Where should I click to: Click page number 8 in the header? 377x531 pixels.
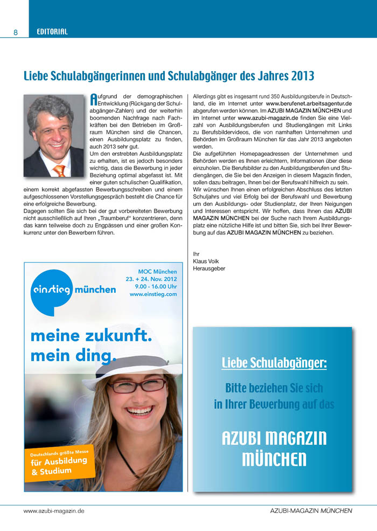click(x=16, y=32)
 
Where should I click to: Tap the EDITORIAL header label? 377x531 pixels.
click(x=52, y=32)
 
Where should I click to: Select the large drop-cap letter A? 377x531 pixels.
click(x=93, y=99)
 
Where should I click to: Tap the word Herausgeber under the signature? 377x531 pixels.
click(x=208, y=268)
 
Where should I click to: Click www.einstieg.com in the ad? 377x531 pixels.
click(x=153, y=294)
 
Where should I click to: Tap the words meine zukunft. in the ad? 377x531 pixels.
click(x=91, y=336)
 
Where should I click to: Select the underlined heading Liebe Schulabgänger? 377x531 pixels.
click(x=274, y=363)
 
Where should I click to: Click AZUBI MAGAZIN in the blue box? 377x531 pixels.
click(x=274, y=438)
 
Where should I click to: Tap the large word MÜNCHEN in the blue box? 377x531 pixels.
click(x=274, y=459)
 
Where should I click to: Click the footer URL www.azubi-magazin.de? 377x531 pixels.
click(x=54, y=510)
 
